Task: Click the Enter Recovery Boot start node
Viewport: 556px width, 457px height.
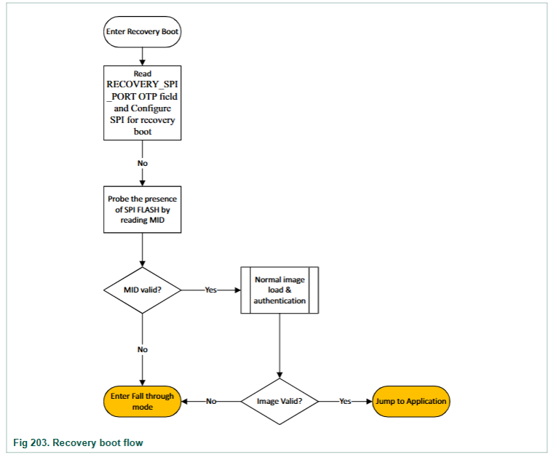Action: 142,31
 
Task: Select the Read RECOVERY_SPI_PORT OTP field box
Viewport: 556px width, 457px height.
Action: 142,103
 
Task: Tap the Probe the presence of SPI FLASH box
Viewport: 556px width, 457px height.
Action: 142,210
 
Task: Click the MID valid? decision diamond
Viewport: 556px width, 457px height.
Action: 142,290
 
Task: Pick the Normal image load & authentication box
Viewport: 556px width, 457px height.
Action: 279,290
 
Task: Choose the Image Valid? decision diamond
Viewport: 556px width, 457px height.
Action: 279,402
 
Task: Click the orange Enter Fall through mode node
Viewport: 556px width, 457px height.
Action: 142,402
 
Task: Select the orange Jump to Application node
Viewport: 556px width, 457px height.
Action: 411,402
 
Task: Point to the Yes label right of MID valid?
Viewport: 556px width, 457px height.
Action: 210,290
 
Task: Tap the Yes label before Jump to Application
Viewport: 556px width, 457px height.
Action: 345,402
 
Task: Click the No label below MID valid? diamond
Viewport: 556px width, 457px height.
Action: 143,349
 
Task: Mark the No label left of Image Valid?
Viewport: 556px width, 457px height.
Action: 211,402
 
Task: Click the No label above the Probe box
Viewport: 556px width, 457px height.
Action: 143,164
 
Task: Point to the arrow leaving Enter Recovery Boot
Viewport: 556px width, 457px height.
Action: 142,57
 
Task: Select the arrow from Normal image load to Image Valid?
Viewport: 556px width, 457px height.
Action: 279,346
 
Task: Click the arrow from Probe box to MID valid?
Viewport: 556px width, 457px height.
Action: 142,250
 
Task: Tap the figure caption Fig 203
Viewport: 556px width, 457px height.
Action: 78,443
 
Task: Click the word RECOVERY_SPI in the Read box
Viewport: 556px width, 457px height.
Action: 142,84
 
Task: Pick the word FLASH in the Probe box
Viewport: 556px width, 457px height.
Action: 148,210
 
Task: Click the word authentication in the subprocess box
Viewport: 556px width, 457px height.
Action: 279,301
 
